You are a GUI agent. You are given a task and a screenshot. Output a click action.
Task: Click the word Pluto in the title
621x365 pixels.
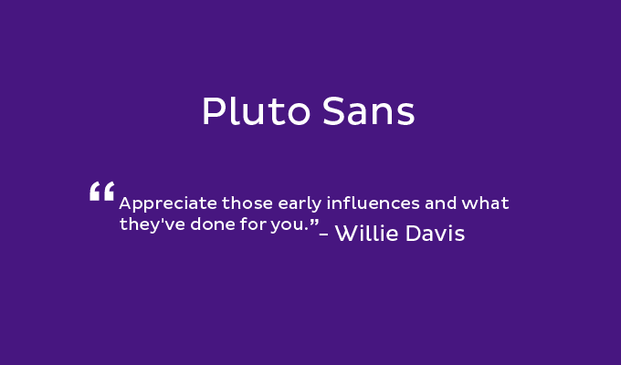tap(256, 110)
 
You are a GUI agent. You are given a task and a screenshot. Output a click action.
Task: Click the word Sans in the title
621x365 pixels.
tap(368, 111)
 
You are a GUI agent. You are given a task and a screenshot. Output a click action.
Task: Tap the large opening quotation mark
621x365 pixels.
tap(101, 192)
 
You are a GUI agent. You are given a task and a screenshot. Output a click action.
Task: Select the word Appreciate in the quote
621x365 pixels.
tap(168, 204)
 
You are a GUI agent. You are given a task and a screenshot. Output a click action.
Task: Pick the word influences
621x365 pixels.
tap(374, 203)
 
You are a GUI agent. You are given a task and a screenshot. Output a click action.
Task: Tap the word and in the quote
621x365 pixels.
tap(440, 203)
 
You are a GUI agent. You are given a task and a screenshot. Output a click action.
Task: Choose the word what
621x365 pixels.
tap(485, 203)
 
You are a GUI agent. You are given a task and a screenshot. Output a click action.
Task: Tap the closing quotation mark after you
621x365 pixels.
tap(314, 222)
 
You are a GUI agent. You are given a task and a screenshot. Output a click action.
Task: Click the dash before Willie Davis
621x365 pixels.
tap(323, 234)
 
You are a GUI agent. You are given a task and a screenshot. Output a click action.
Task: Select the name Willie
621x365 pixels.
tap(366, 233)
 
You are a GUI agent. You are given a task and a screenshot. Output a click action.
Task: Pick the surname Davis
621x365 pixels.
tap(435, 233)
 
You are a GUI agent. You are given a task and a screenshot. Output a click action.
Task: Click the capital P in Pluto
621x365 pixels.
tap(213, 110)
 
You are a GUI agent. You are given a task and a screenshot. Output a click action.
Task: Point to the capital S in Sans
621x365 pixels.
tap(332, 111)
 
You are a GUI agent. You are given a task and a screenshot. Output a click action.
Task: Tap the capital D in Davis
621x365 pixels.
tap(414, 233)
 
